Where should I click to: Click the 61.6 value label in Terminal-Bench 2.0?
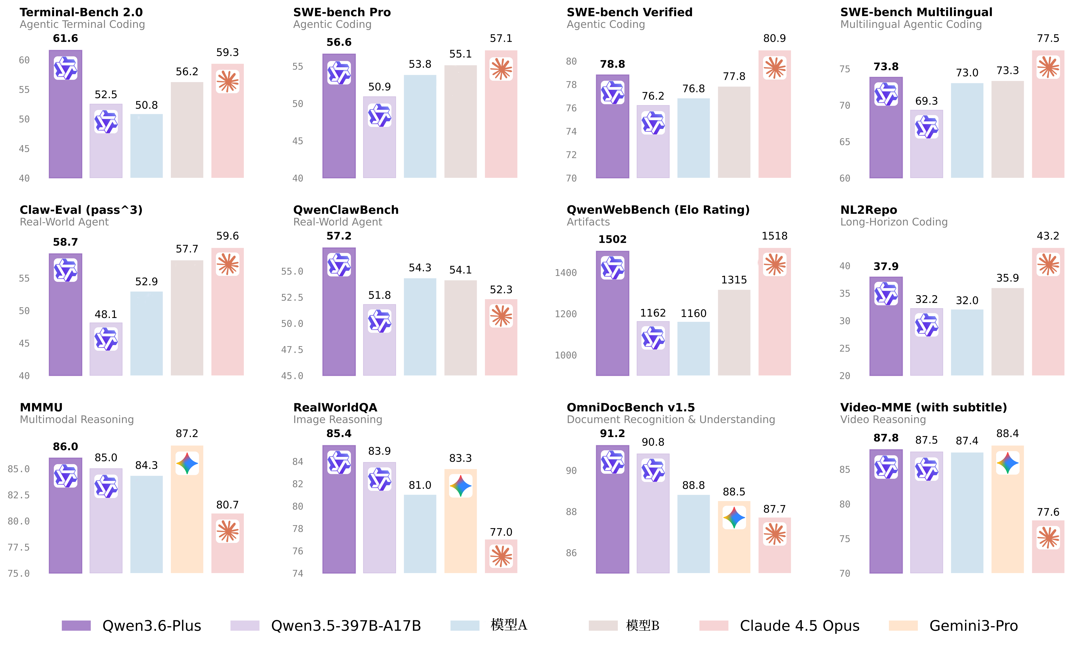65,38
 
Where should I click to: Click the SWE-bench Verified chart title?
629,12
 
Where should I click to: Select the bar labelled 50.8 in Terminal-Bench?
147,146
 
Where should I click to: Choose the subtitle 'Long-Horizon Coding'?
894,222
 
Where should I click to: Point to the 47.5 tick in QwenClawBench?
292,350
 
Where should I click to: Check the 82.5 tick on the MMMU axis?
19,495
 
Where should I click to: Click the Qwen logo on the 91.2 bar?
612,462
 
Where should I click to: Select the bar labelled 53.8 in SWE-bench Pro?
420,126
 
